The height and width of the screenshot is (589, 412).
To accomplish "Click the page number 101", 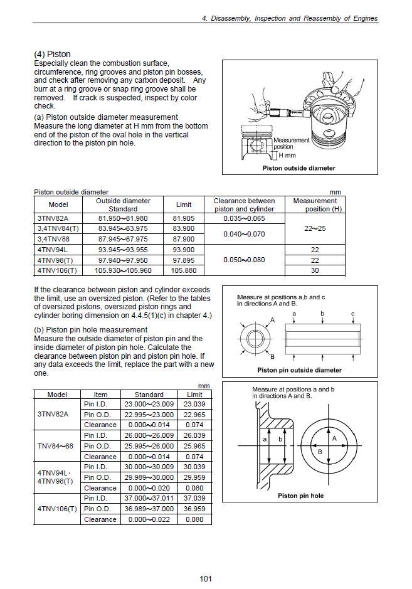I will pyautogui.click(x=206, y=578).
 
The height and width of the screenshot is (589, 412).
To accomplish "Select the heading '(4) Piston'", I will pyautogui.click(x=52, y=55).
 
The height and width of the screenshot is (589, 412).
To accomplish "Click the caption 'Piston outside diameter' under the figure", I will pyautogui.click(x=298, y=168).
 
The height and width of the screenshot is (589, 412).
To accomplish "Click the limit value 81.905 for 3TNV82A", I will pyautogui.click(x=183, y=218).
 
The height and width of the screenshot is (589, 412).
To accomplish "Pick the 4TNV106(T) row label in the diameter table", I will pyautogui.click(x=57, y=270).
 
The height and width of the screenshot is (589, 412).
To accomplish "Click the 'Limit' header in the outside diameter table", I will pyautogui.click(x=183, y=205).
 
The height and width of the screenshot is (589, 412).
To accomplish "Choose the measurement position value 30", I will pyautogui.click(x=315, y=270).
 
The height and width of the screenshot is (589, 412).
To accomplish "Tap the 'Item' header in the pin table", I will pyautogui.click(x=100, y=395).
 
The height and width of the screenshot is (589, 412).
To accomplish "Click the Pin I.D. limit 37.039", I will pyautogui.click(x=194, y=498).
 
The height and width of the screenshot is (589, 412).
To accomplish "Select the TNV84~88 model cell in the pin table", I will pyautogui.click(x=56, y=446).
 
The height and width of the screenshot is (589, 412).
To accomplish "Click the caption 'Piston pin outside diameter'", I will pyautogui.click(x=299, y=370).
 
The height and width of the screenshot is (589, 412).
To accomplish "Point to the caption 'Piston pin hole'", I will pyautogui.click(x=300, y=496).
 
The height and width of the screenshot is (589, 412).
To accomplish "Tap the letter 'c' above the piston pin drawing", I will pyautogui.click(x=352, y=313).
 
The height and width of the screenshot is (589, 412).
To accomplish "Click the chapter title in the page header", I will pyautogui.click(x=290, y=19).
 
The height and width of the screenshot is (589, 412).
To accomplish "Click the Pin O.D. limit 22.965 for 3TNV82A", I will pyautogui.click(x=194, y=415).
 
